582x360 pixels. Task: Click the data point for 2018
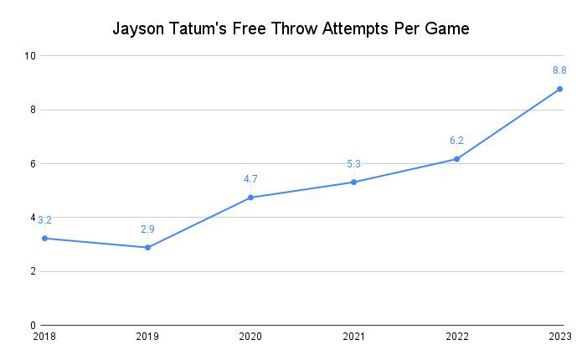pos(44,239)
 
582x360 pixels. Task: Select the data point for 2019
pos(147,248)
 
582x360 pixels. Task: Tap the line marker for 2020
pos(250,198)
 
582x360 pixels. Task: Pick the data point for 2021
pos(353,182)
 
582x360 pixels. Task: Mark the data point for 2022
pos(456,159)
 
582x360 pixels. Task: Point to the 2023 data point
pos(559,89)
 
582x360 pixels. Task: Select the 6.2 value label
pos(456,141)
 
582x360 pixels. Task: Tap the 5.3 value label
pos(353,164)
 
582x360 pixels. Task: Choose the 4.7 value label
pos(250,178)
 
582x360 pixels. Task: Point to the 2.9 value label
pos(147,229)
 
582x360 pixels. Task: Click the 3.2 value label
pos(44,220)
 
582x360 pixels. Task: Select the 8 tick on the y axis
pos(33,110)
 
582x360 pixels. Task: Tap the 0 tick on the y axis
pos(33,326)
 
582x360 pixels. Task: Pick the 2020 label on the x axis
pos(250,337)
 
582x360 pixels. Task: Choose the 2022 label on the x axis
pos(456,337)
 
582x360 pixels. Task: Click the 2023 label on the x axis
pos(559,337)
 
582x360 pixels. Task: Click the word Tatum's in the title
pos(199,28)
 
